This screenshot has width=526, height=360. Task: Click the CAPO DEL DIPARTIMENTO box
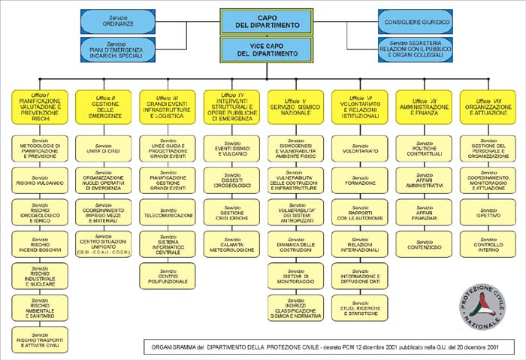[267, 21]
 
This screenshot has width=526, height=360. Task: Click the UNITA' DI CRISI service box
[104, 149]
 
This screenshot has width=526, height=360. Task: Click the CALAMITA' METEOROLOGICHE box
[231, 241]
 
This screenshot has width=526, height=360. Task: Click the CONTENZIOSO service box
[425, 243]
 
